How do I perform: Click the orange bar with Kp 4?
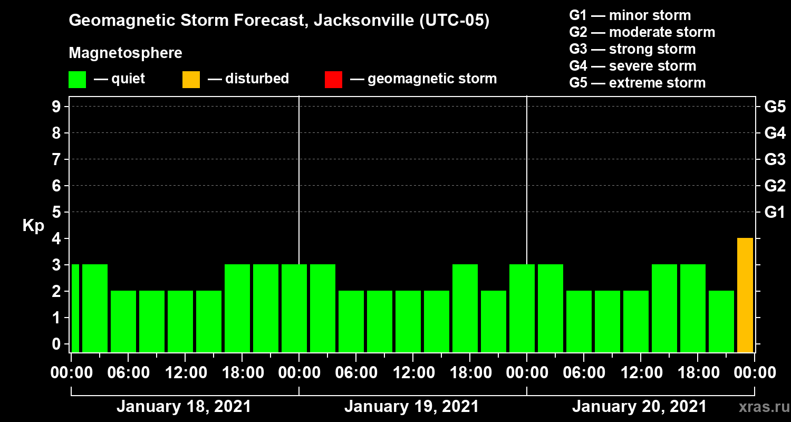pyautogui.click(x=745, y=295)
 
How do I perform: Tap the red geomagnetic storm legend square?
pyautogui.click(x=334, y=79)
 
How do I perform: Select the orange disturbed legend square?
pyautogui.click(x=191, y=79)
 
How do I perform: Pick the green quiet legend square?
pyautogui.click(x=77, y=79)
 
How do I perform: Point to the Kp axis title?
pyautogui.click(x=33, y=226)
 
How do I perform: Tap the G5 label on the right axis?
pyautogui.click(x=775, y=107)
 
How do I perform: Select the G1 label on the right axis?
pyautogui.click(x=775, y=213)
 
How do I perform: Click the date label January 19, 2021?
pyautogui.click(x=411, y=407)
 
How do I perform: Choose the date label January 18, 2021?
pyautogui.click(x=184, y=407)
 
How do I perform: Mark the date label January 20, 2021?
pyautogui.click(x=639, y=407)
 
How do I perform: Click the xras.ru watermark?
pyautogui.click(x=760, y=407)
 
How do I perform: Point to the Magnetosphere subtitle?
pyautogui.click(x=126, y=53)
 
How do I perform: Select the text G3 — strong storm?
pyautogui.click(x=632, y=49)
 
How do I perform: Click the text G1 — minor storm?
pyautogui.click(x=630, y=15)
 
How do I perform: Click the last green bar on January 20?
pyautogui.click(x=721, y=321)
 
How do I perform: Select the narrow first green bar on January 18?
pyautogui.click(x=75, y=308)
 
